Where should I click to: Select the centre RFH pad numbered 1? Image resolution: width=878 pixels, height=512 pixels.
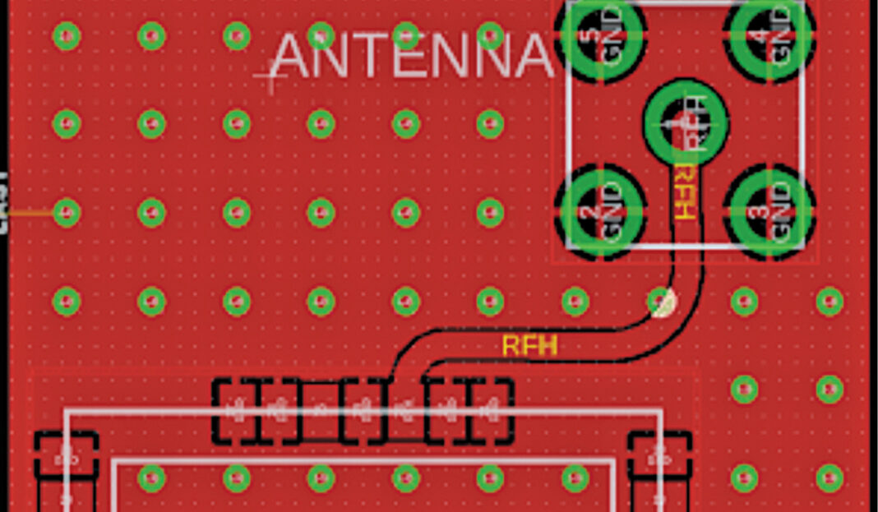(x=686, y=122)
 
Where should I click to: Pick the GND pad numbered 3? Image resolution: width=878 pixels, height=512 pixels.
(x=769, y=211)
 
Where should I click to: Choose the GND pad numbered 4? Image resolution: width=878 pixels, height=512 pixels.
(x=769, y=35)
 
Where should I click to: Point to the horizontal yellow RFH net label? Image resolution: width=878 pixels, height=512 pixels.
(x=529, y=346)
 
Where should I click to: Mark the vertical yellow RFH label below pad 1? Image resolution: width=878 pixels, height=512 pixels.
(x=684, y=191)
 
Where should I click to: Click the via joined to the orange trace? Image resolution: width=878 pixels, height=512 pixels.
(x=67, y=214)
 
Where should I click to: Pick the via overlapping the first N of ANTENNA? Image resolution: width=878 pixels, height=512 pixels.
(x=321, y=36)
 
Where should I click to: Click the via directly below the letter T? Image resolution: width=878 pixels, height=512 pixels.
(x=405, y=124)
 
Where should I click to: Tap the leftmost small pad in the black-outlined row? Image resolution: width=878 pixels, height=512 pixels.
(x=237, y=408)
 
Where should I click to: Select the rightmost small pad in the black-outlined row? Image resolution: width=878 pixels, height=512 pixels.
(x=491, y=408)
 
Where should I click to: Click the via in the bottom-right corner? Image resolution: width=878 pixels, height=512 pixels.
(x=829, y=477)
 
